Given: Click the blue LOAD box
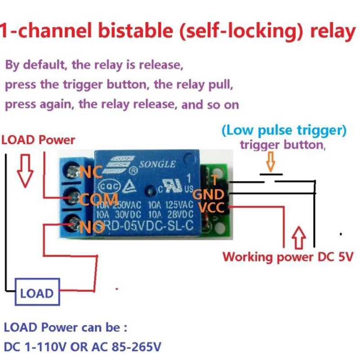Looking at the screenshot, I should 37,293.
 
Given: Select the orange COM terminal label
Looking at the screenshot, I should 99,198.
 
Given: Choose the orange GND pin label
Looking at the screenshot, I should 208,194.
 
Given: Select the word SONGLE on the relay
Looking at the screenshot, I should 157,164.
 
